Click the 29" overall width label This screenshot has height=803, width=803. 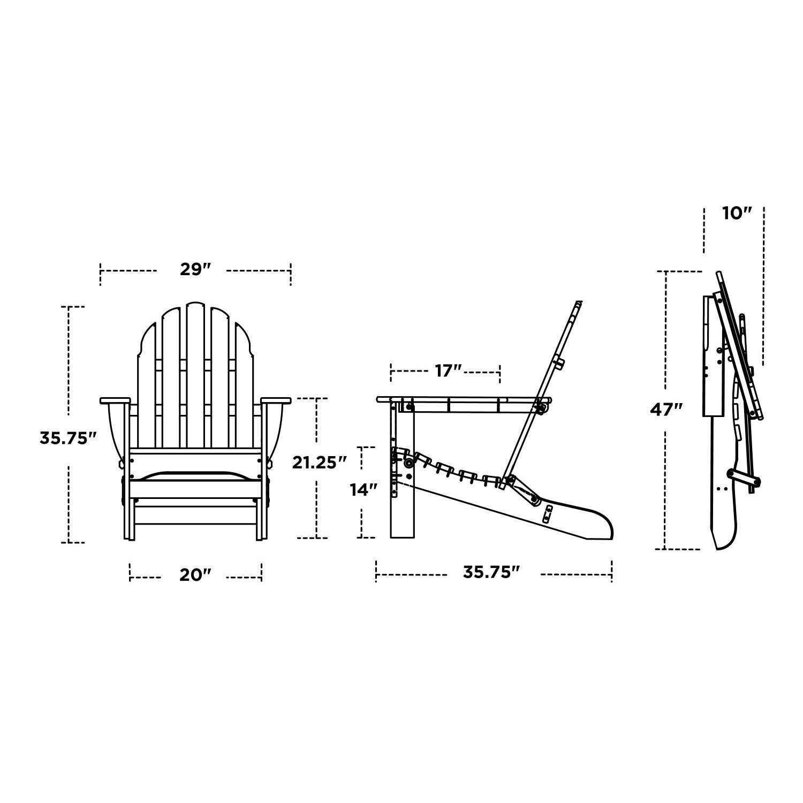point(193,269)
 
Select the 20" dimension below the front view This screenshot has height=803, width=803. point(195,575)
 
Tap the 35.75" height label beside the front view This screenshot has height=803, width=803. point(68,438)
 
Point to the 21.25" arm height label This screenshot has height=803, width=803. point(320,463)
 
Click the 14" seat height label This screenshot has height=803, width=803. point(364,489)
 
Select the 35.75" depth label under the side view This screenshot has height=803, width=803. point(491,572)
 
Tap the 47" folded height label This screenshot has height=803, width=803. point(666,410)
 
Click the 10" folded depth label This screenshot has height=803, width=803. point(737,213)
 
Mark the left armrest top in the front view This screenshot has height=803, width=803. point(115,400)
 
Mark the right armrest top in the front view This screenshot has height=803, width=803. point(276,400)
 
